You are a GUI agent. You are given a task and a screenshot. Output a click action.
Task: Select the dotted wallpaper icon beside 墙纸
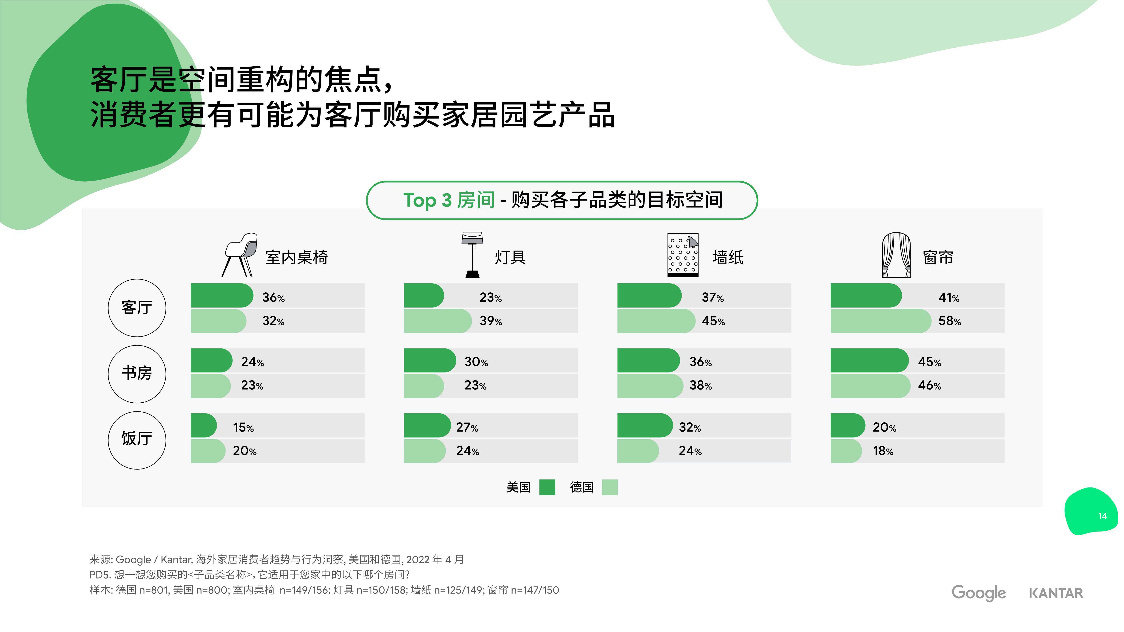683,255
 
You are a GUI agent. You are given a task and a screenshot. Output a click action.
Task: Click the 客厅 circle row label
137,308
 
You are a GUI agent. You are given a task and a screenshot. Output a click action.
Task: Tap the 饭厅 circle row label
137,440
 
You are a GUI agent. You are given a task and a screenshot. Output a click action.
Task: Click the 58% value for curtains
949,321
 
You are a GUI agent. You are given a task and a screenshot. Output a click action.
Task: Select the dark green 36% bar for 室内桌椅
222,295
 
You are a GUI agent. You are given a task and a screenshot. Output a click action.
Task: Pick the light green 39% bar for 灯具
438,321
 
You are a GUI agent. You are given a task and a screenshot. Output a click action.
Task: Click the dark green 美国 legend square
547,487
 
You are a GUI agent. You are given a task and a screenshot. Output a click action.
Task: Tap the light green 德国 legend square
610,487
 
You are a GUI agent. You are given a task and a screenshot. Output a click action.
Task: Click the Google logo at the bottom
979,593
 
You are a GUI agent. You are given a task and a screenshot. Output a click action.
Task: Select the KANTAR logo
1056,593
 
